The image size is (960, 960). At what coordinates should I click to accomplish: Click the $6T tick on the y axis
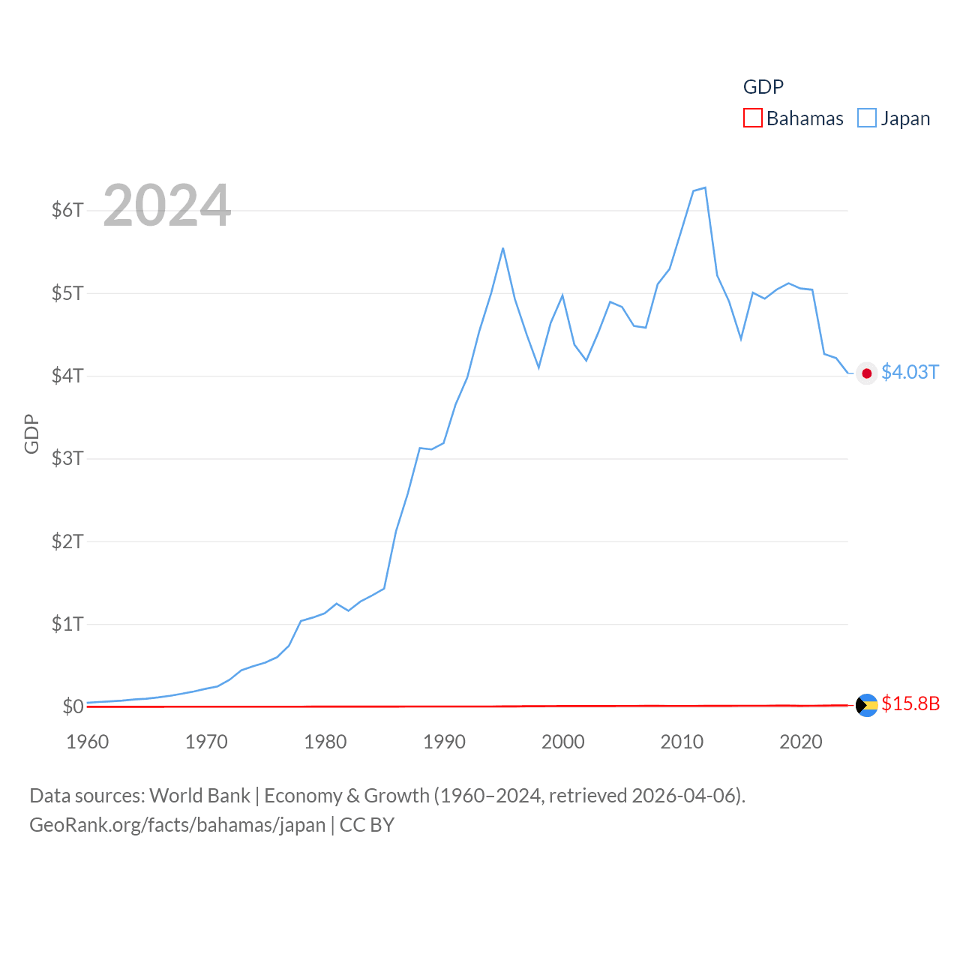pyautogui.click(x=67, y=210)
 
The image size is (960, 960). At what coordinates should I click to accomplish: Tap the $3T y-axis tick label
pyautogui.click(x=67, y=458)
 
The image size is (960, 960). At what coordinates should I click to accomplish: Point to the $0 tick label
pyautogui.click(x=73, y=706)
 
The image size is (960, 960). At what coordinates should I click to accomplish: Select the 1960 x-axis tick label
pyautogui.click(x=88, y=742)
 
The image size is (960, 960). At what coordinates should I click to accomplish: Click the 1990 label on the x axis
pyautogui.click(x=444, y=742)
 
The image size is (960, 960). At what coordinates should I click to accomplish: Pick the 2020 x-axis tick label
pyautogui.click(x=801, y=742)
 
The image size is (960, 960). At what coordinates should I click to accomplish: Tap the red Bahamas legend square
pyautogui.click(x=753, y=118)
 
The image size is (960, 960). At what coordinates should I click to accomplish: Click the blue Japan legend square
pyautogui.click(x=867, y=118)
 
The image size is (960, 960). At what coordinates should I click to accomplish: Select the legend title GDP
pyautogui.click(x=763, y=87)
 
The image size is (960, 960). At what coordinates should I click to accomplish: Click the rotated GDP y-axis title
pyautogui.click(x=31, y=433)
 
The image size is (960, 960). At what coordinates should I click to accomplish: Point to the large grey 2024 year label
pyautogui.click(x=166, y=205)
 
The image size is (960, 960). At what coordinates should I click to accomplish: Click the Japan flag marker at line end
pyautogui.click(x=867, y=373)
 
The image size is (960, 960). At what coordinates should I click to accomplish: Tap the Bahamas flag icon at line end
pyautogui.click(x=867, y=705)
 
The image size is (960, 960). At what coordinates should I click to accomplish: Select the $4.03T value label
pyautogui.click(x=910, y=373)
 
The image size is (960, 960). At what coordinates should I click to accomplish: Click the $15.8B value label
pyautogui.click(x=910, y=703)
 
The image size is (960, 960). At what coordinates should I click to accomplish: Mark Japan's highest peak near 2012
pyautogui.click(x=705, y=187)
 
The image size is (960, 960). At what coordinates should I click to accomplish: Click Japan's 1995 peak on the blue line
pyautogui.click(x=502, y=248)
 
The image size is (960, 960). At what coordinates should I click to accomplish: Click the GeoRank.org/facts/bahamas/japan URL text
pyautogui.click(x=178, y=825)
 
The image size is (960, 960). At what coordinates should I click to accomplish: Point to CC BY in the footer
pyautogui.click(x=367, y=825)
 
